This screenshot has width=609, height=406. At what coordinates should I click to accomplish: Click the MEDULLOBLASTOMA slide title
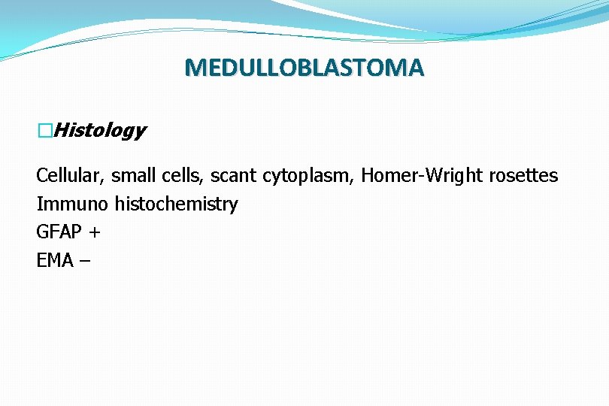304,68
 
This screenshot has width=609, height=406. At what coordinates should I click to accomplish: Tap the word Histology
100,131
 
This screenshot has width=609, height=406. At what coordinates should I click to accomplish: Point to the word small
132,176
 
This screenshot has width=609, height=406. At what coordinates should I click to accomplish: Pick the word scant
234,176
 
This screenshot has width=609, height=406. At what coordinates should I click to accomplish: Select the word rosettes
524,176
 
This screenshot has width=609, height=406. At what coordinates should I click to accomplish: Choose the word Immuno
72,205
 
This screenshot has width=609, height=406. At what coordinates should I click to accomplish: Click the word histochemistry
176,205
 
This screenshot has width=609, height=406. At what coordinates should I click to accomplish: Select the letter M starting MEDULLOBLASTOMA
195,68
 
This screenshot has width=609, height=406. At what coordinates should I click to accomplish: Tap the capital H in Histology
62,131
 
